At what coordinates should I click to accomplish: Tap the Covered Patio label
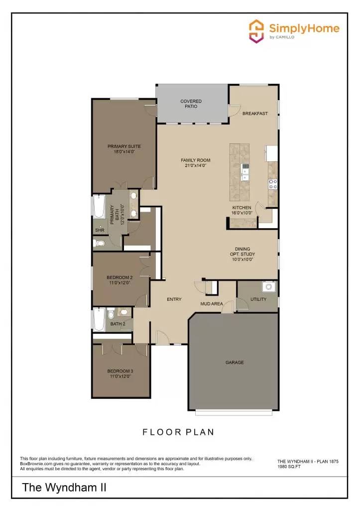191,104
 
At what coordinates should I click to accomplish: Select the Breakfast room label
255,114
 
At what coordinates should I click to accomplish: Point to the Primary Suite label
124,146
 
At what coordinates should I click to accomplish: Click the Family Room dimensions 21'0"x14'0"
195,165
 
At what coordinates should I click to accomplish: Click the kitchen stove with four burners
273,184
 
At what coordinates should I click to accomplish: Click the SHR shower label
100,230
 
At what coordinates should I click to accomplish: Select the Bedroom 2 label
120,277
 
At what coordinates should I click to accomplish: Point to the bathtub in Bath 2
99,320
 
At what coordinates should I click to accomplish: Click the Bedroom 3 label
120,371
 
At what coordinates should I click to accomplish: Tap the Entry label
174,299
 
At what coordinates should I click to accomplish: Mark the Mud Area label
212,303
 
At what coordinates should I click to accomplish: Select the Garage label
235,363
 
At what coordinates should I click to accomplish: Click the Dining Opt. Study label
243,254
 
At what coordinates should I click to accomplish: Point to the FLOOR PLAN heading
179,432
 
